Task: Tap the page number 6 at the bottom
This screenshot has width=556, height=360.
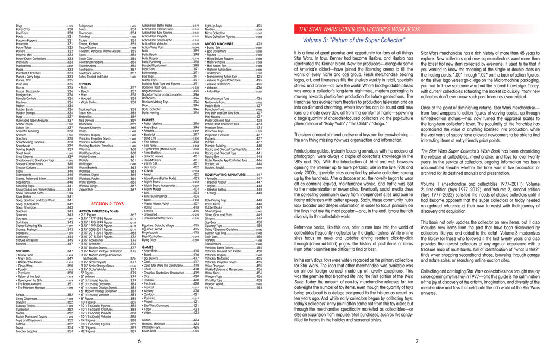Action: click(x=139, y=342)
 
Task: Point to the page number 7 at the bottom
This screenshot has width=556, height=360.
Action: click(x=416, y=342)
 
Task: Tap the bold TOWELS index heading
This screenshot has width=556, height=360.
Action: click(x=85, y=84)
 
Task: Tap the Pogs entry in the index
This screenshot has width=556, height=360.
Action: click(x=20, y=26)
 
